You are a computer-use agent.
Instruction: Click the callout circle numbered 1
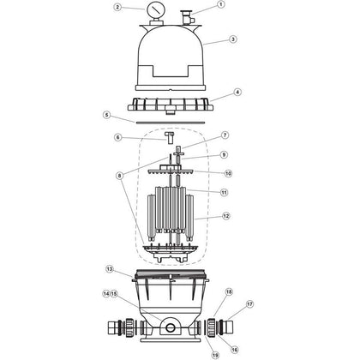(x=220, y=4)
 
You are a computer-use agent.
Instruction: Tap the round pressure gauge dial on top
(x=178, y=13)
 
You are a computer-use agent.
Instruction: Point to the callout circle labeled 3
(x=232, y=39)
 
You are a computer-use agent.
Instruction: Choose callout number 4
(x=237, y=91)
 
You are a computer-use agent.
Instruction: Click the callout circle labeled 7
(x=225, y=135)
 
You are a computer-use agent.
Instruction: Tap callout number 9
(x=225, y=154)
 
